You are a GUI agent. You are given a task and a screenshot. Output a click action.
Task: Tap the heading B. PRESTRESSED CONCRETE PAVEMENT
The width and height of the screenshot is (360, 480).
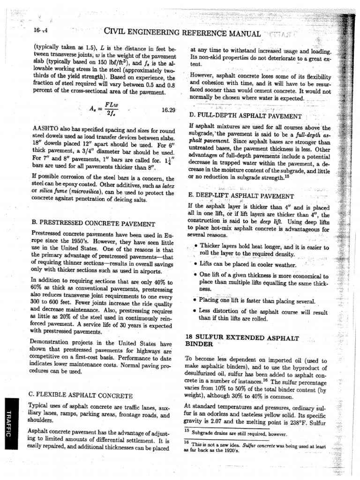pos(91,224)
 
